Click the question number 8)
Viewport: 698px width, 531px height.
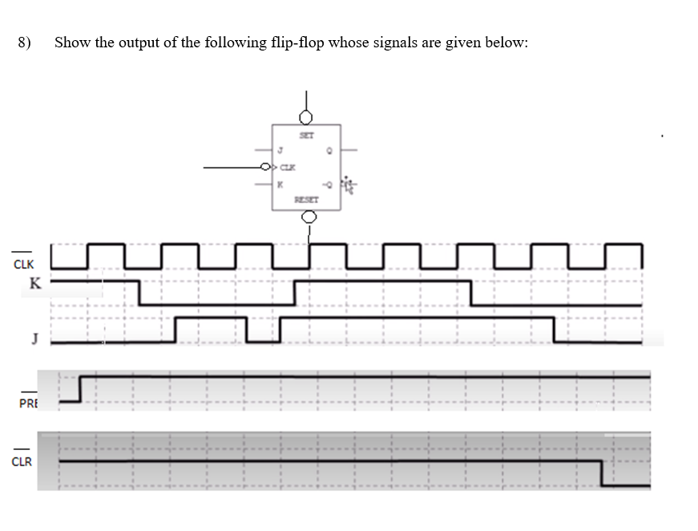(24, 43)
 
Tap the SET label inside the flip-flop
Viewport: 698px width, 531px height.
(305, 136)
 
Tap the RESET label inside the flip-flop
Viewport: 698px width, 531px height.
(306, 197)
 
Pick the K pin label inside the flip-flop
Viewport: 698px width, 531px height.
(280, 184)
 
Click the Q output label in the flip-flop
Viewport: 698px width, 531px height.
(330, 148)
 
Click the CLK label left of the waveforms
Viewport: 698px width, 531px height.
(23, 263)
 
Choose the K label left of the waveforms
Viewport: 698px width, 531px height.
(34, 282)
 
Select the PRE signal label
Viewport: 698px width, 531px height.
(28, 402)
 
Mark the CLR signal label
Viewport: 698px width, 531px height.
(22, 461)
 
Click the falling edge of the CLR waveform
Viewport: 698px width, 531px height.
(601, 473)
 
